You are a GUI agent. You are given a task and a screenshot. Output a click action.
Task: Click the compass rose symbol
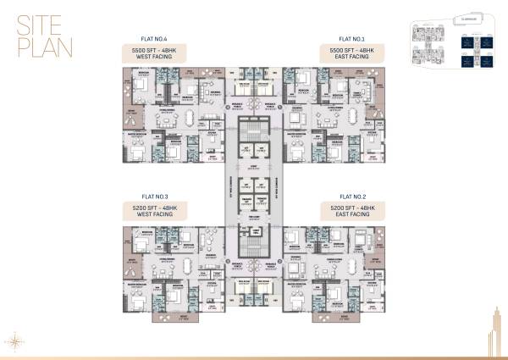15,339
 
